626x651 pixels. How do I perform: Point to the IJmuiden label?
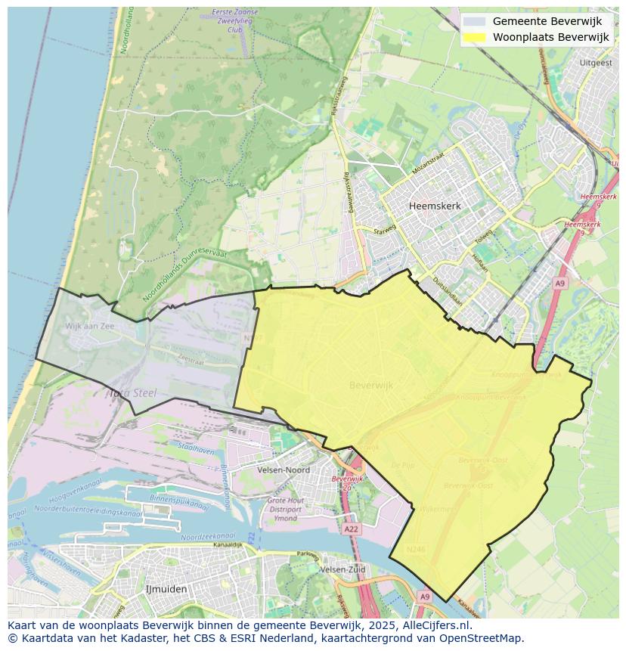coord(166,588)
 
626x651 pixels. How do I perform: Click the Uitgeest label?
coord(595,63)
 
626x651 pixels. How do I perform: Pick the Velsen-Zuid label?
coord(342,569)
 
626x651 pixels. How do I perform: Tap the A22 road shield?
coord(351,529)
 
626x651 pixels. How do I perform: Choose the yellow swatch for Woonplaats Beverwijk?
coord(474,37)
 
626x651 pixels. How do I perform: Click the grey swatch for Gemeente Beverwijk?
coord(474,21)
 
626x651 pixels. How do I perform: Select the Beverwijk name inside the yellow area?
coord(371,386)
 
